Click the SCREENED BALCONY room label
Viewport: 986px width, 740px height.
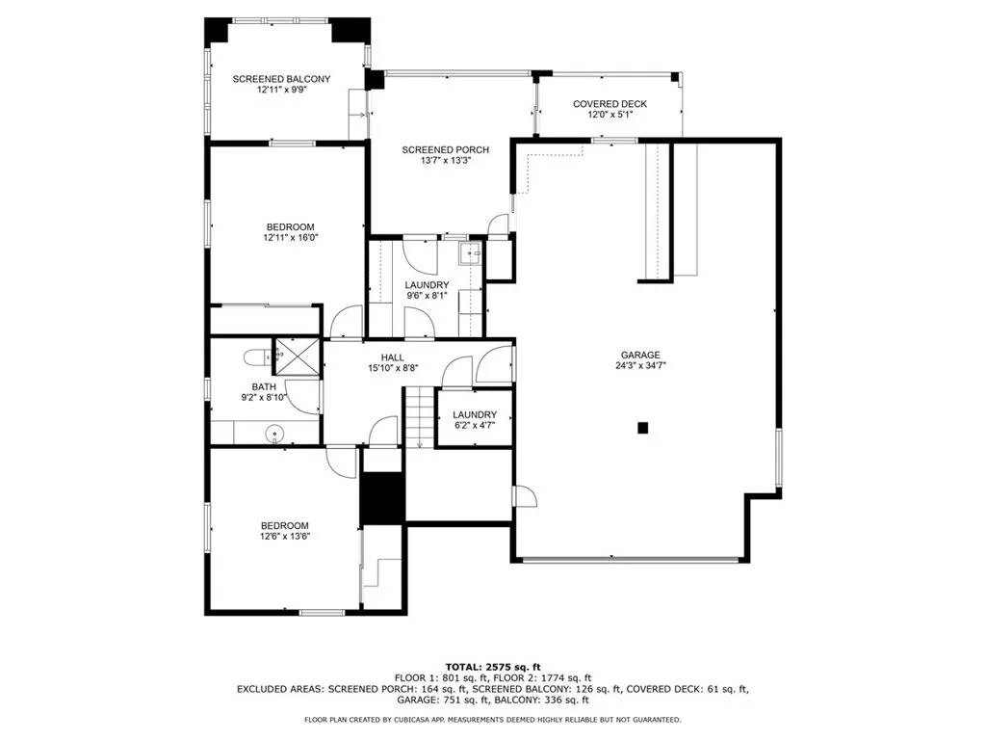click(x=281, y=79)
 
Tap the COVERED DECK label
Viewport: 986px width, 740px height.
click(x=610, y=104)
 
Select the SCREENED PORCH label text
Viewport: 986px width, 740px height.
click(x=445, y=149)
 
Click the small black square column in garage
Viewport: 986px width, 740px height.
click(x=643, y=428)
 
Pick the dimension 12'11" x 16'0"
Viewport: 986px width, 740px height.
click(x=290, y=237)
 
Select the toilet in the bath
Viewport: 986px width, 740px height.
click(x=255, y=357)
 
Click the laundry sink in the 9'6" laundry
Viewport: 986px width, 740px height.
click(x=470, y=254)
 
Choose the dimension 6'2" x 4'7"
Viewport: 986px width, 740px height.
click(x=474, y=425)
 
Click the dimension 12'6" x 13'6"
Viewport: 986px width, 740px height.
click(x=283, y=537)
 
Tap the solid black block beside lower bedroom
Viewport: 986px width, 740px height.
click(x=382, y=497)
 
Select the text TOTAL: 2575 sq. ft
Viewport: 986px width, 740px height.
click(x=492, y=667)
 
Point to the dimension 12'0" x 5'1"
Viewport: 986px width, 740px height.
click(x=610, y=115)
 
